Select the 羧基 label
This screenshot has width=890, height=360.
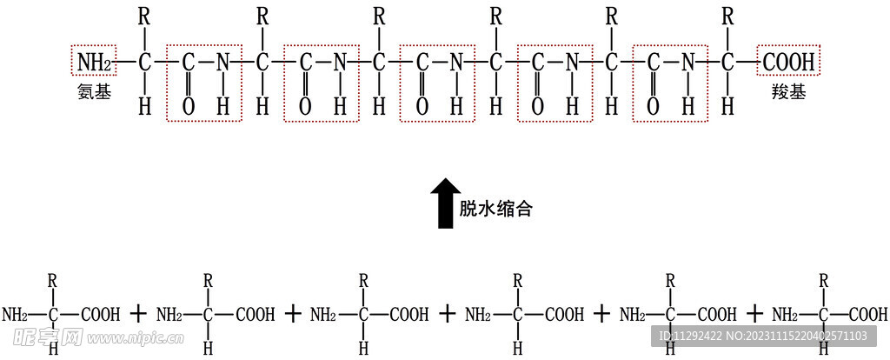pos(787,90)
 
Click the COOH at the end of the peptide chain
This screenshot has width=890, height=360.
pos(788,63)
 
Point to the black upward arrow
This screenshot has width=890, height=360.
pos(445,203)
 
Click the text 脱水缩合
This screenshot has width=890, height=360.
pos(495,209)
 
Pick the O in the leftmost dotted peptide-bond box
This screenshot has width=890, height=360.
pos(189,106)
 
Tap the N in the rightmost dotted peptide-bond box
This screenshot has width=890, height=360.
pos(688,63)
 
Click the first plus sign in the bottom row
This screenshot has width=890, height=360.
pos(138,314)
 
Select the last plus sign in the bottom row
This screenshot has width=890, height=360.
pos(756,314)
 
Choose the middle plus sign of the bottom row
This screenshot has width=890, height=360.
pos(447,314)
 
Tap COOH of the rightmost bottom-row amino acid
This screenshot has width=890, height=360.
pos(867,314)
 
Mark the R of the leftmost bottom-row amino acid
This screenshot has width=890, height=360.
pos(54,280)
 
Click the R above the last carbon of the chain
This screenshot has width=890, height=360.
pos(728,16)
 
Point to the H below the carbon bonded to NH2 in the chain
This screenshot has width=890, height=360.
pos(145,106)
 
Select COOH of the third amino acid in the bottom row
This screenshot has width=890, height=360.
pos(408,314)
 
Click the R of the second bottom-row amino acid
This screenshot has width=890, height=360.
pos(208,280)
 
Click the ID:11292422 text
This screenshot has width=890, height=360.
pos(691,337)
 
